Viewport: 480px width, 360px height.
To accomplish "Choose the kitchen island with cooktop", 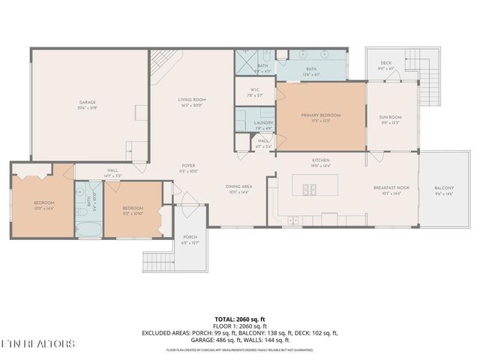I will (x=308, y=184).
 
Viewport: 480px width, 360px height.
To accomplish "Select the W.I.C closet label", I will (x=253, y=93).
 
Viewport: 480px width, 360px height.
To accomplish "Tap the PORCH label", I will (x=190, y=239).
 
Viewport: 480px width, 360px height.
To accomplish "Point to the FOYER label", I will (x=188, y=168).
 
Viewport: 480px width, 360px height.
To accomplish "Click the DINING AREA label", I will (x=238, y=189).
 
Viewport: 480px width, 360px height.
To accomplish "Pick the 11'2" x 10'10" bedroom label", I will (x=133, y=210).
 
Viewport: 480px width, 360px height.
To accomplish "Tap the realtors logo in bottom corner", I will (x=37, y=344).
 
